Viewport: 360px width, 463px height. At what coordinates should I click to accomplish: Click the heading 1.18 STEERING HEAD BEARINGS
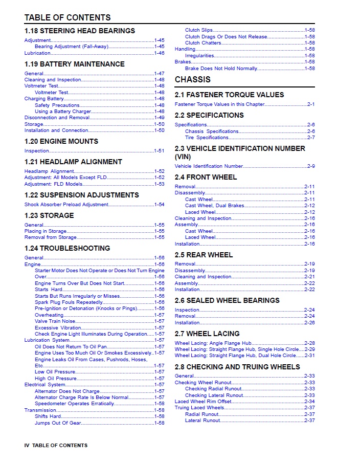coord(80,31)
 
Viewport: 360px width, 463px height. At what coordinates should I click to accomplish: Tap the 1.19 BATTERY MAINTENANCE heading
coord(75,64)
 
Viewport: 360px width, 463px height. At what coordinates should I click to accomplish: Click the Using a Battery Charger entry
coord(62,112)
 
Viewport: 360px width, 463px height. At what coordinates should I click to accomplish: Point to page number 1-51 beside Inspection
coord(159,151)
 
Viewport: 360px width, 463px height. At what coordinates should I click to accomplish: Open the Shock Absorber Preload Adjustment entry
coord(66,205)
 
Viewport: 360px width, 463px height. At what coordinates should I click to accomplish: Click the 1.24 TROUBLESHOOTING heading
coord(67,248)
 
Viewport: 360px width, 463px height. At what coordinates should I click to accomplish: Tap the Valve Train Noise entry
coord(55,321)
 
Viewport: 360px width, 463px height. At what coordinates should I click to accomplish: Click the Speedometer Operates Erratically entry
coord(74,404)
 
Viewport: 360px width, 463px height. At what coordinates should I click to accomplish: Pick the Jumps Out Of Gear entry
coord(57,423)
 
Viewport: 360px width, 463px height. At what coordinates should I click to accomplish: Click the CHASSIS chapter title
coord(192,80)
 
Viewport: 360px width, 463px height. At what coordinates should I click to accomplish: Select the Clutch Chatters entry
coord(203,43)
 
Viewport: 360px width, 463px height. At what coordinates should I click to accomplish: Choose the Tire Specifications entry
coord(207,138)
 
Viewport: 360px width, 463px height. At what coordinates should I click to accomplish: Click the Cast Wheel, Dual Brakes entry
coord(214,206)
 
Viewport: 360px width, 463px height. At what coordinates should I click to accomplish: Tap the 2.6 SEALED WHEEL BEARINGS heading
coord(227,300)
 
